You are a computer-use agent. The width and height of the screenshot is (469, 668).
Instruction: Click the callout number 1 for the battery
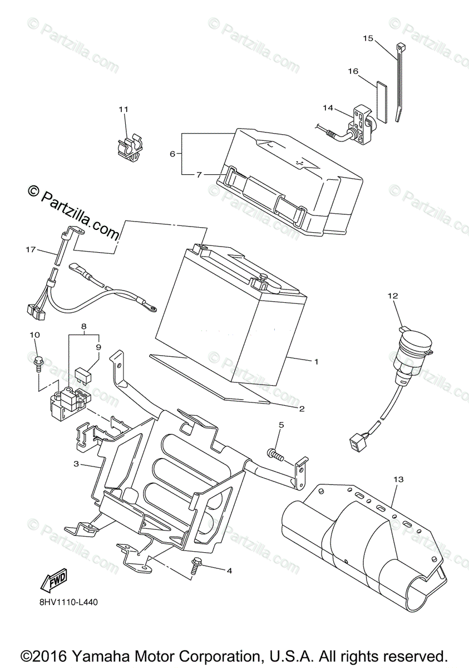(x=315, y=361)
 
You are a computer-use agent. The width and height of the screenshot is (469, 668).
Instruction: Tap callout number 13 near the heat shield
(x=398, y=479)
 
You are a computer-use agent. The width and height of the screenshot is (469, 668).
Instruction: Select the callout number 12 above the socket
(x=393, y=296)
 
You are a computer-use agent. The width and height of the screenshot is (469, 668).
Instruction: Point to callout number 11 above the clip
(x=123, y=109)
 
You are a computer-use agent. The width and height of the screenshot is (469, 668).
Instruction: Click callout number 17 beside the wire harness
(x=31, y=250)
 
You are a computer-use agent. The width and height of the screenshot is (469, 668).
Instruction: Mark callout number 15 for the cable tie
(x=368, y=38)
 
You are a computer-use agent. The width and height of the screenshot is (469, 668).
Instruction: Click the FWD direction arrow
(x=53, y=581)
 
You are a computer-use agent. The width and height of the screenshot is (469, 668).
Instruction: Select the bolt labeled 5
(x=275, y=454)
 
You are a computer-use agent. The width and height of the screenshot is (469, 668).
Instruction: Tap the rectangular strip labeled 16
(x=381, y=101)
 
